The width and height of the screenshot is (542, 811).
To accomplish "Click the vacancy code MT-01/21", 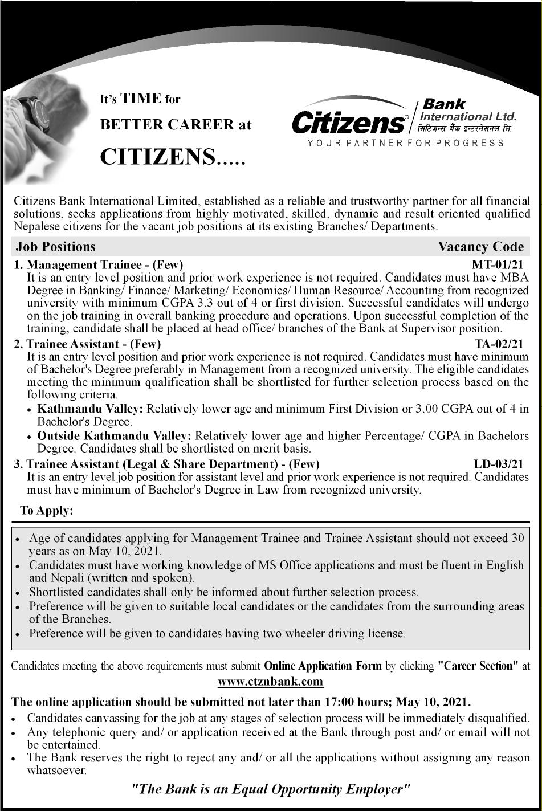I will coord(497,264).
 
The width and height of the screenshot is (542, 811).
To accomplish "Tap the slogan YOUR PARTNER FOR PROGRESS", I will coord(405,143).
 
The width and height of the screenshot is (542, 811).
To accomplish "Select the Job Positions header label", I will coord(56,247).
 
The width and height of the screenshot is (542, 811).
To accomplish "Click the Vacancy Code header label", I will coord(480,247).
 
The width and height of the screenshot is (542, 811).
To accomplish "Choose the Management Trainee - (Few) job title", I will coord(105,264).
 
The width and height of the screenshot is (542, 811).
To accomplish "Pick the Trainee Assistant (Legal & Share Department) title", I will coord(173,464).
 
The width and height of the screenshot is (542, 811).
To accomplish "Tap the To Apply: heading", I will coord(47,511).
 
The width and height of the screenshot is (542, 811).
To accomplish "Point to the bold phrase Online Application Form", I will coord(323,666).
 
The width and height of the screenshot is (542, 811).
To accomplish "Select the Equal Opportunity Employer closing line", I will coord(271,789).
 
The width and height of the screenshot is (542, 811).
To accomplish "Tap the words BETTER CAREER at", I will coord(176,124).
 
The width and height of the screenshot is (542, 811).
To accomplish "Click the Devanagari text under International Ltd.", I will coord(465,128).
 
